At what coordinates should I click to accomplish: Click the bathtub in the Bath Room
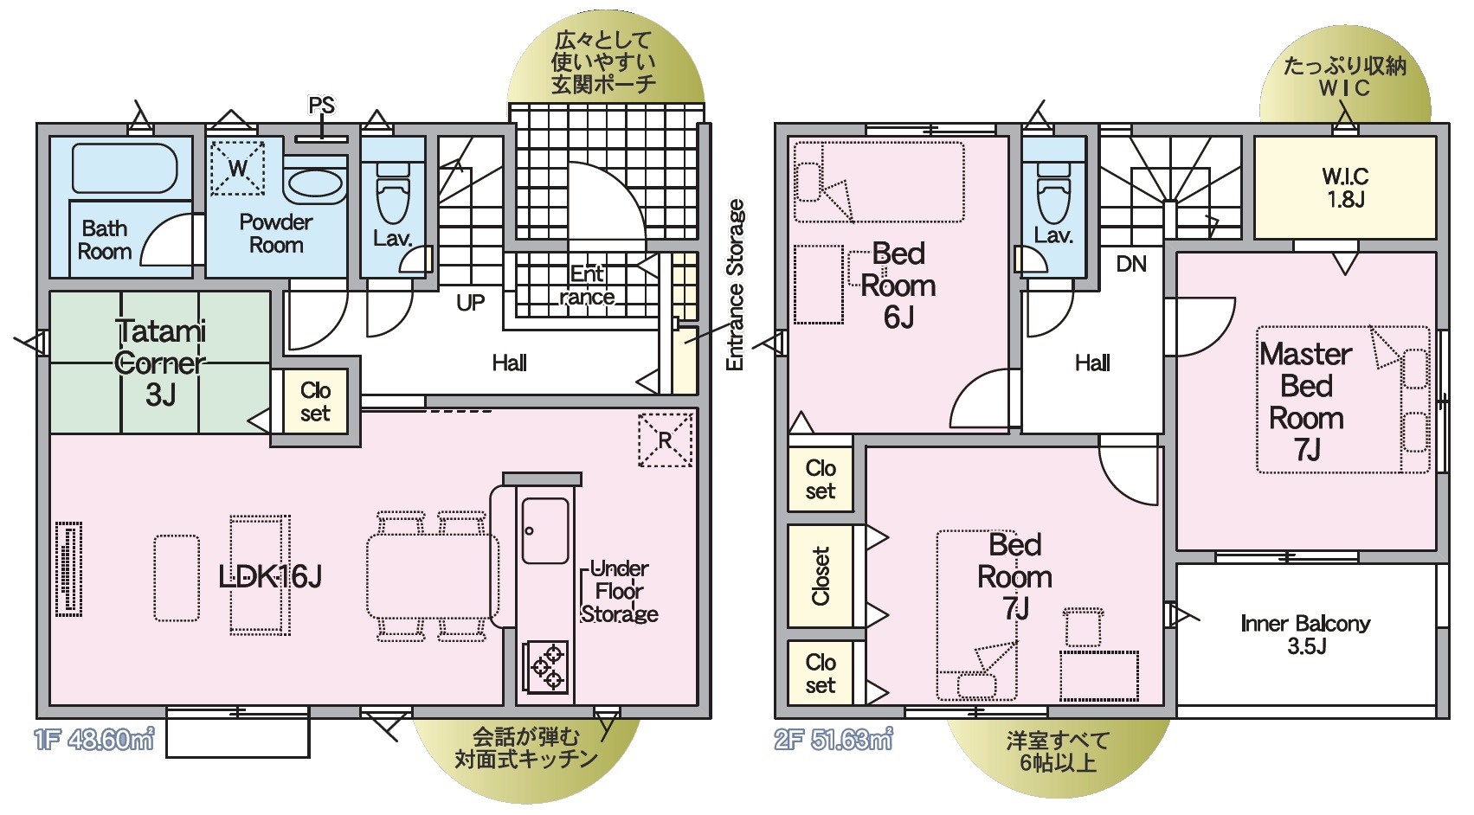125,168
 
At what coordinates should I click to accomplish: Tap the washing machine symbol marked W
236,168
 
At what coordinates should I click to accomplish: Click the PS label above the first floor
321,106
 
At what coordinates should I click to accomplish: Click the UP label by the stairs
471,303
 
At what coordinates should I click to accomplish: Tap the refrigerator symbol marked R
665,440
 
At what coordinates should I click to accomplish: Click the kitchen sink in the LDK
545,530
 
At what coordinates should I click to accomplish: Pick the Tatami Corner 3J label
161,363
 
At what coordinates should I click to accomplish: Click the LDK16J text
270,576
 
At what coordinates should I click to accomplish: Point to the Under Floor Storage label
620,592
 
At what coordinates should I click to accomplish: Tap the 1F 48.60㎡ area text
94,740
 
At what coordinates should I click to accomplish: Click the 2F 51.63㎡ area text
834,740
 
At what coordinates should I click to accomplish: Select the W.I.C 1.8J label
1345,188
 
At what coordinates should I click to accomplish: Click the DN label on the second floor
1131,264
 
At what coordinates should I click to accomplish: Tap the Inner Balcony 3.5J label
1305,634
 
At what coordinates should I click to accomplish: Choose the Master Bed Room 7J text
1306,401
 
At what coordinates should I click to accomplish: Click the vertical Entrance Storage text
735,285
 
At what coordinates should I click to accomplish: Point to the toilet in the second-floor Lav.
1053,196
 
